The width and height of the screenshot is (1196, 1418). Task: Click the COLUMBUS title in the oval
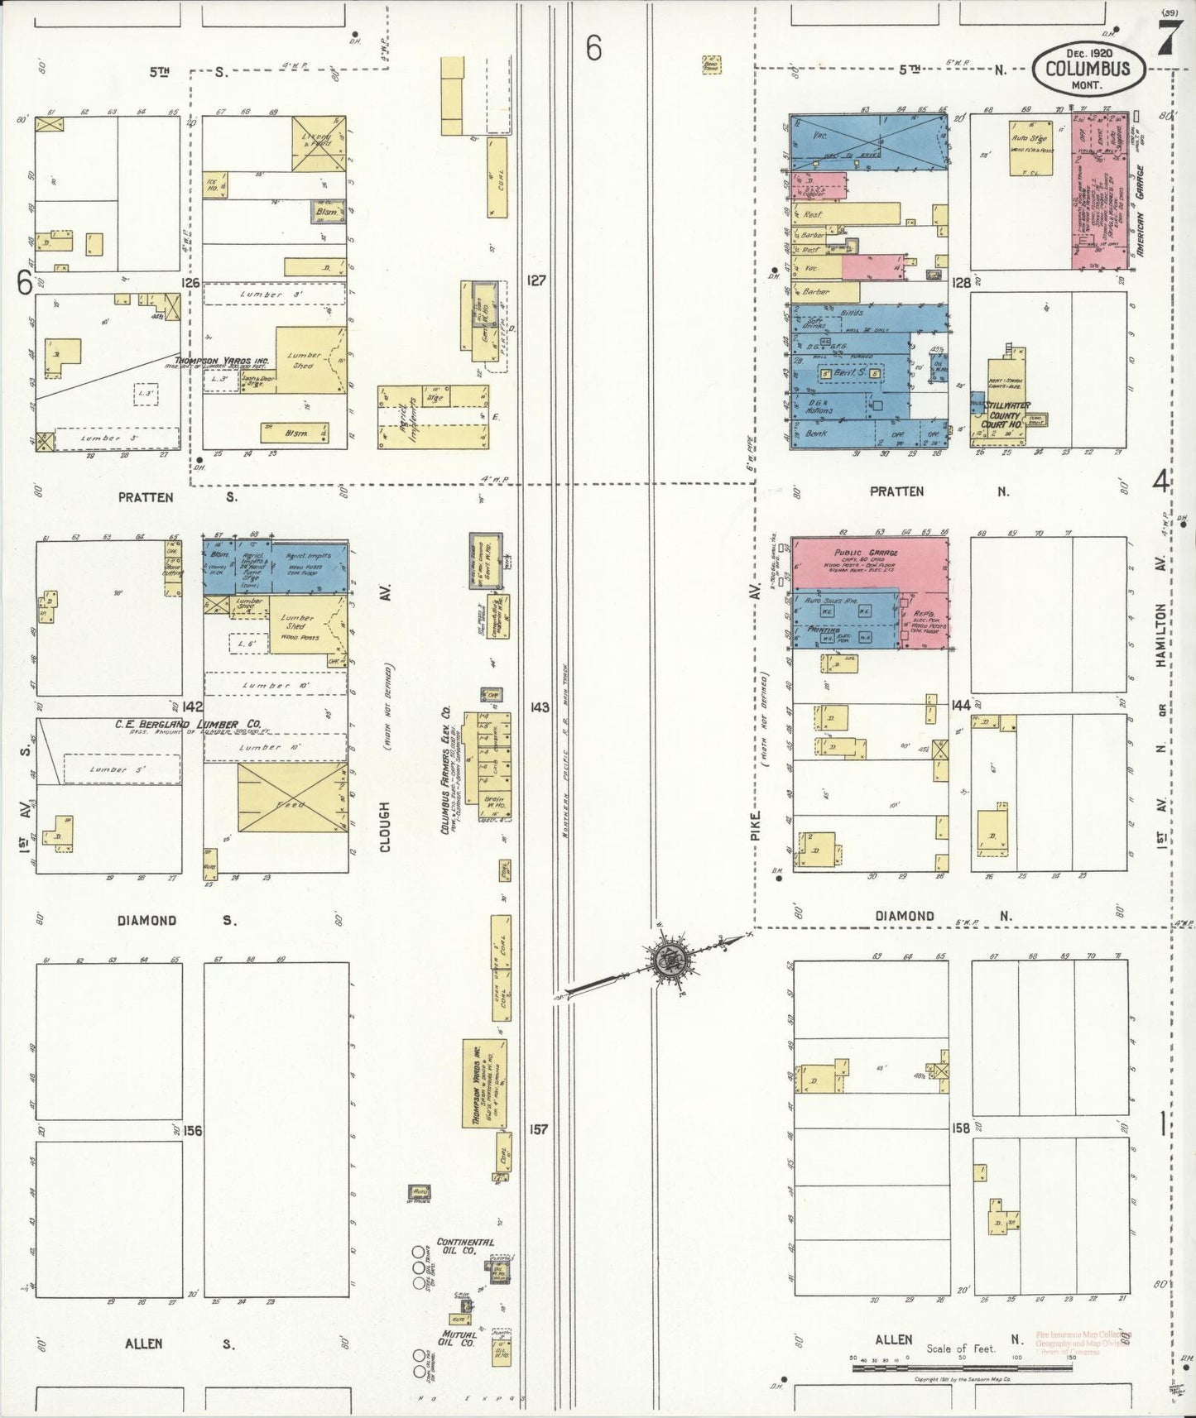pyautogui.click(x=1088, y=69)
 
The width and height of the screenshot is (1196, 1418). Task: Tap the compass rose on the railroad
pyautogui.click(x=666, y=960)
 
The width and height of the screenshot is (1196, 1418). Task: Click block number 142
pyautogui.click(x=193, y=707)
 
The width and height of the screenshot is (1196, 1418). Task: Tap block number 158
pyautogui.click(x=960, y=1128)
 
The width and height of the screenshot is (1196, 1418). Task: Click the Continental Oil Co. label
pyautogui.click(x=464, y=1247)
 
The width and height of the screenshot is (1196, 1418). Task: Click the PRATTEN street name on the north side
pyautogui.click(x=896, y=491)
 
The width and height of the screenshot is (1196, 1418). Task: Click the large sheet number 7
pyautogui.click(x=1169, y=39)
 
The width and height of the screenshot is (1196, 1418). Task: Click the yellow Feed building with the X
pyautogui.click(x=291, y=798)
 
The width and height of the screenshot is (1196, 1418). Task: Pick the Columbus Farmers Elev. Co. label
pyautogui.click(x=444, y=769)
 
